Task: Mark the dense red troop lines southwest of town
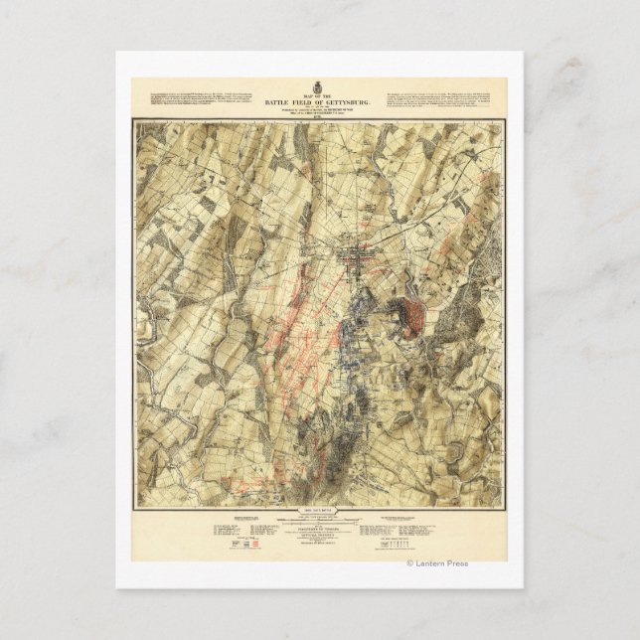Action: pos(298,338)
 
